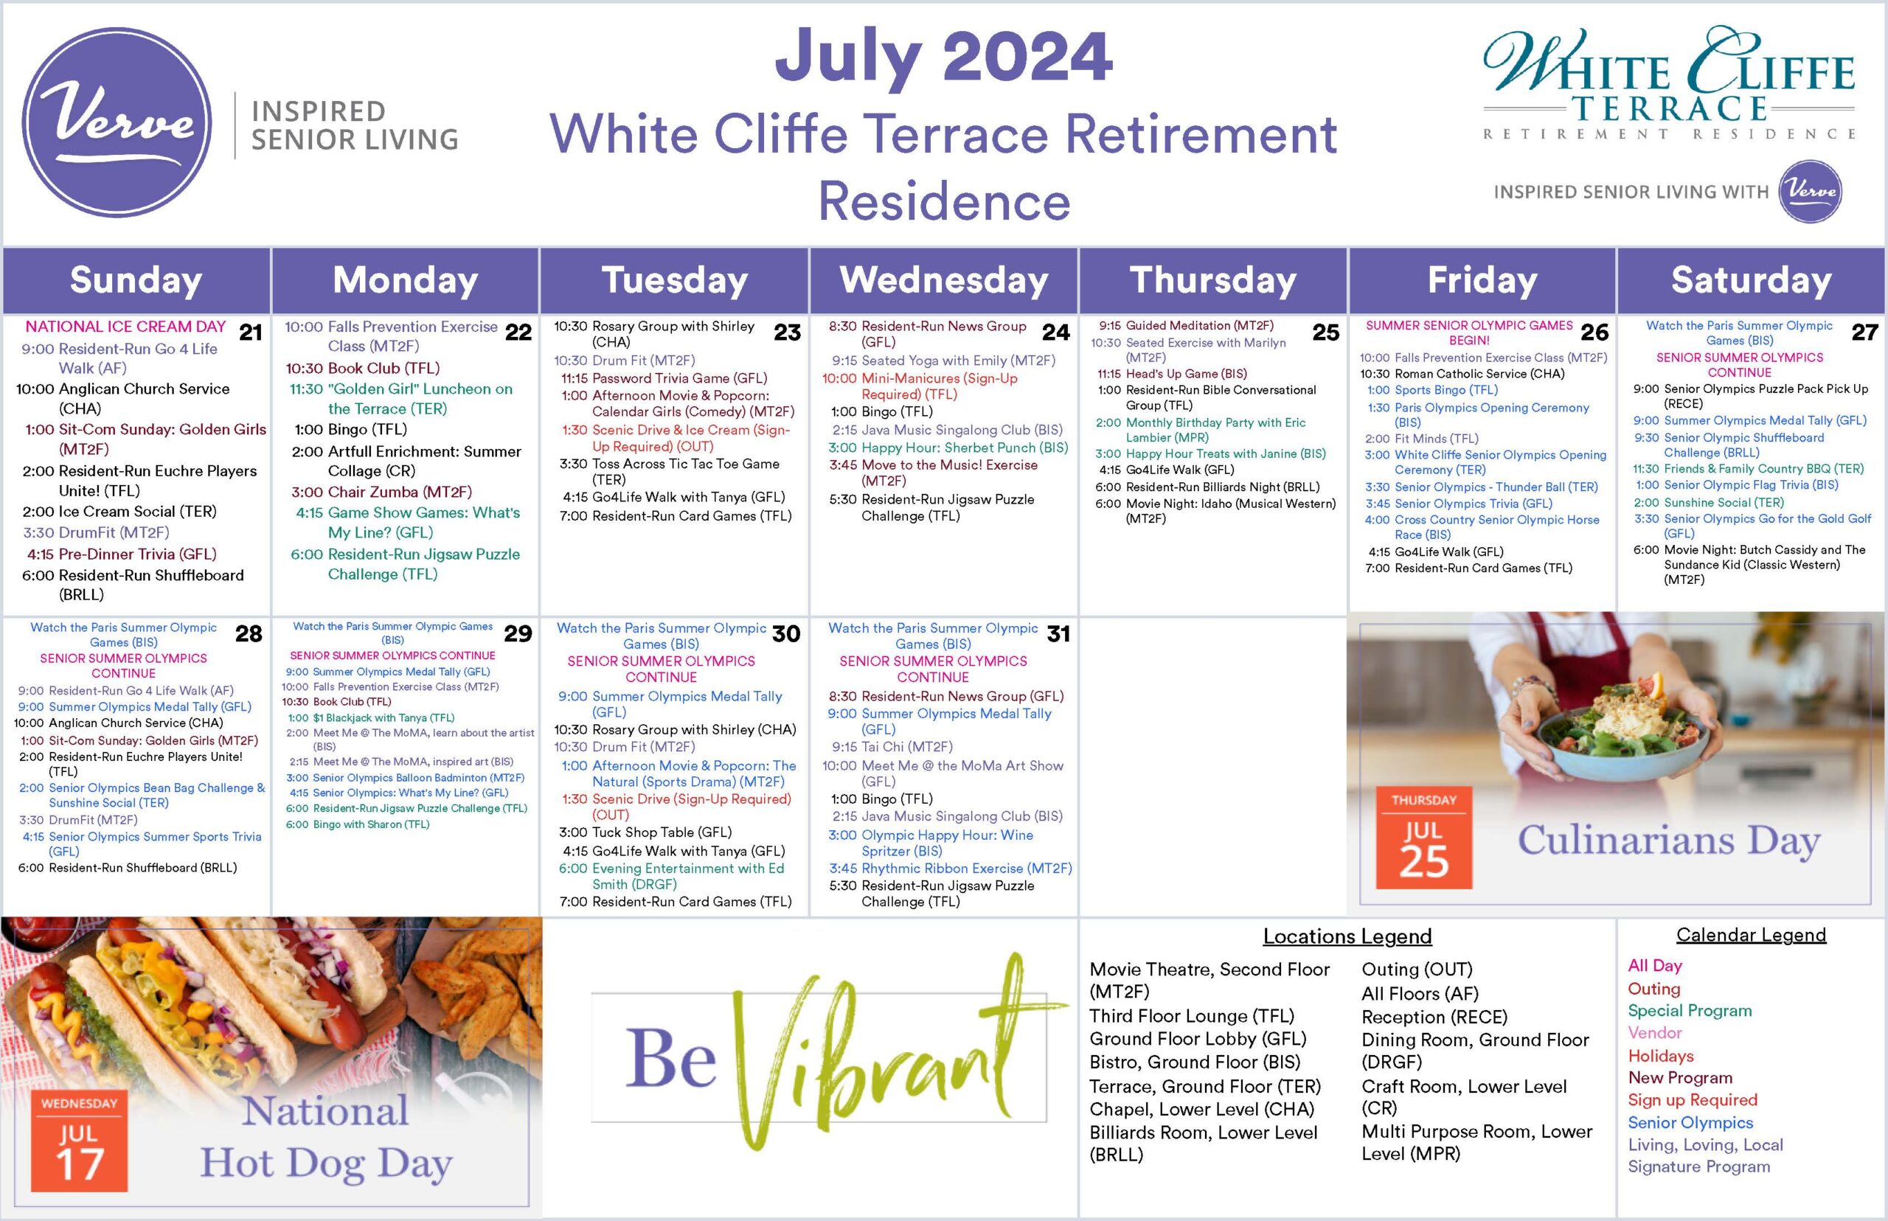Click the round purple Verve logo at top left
coord(117,123)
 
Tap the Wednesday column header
coord(943,280)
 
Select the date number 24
coord(1055,333)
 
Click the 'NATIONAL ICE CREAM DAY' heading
coord(125,327)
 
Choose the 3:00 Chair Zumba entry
coord(381,492)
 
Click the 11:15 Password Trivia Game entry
coord(664,378)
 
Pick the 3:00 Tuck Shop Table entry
coord(645,832)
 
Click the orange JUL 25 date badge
coord(1423,838)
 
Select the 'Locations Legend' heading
coord(1347,936)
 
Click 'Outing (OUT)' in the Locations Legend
coord(1417,969)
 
